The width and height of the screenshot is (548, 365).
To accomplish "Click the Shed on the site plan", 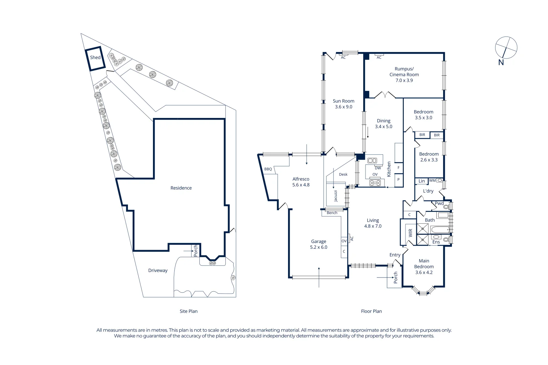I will [x=95, y=58].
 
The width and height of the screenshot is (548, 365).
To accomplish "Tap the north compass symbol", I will [x=506, y=48].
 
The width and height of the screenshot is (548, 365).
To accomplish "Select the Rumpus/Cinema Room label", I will [x=404, y=72].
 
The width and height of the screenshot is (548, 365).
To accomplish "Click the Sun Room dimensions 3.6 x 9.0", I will [x=344, y=107].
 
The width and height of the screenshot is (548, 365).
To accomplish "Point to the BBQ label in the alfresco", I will [x=268, y=169].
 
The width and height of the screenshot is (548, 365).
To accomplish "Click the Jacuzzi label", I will [x=336, y=196].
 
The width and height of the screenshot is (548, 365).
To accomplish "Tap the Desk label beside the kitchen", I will [x=343, y=174].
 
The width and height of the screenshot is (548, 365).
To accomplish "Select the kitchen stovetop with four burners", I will [x=375, y=183].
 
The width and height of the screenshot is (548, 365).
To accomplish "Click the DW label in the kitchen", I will [x=378, y=168].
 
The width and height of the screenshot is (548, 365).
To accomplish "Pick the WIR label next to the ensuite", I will [x=411, y=233].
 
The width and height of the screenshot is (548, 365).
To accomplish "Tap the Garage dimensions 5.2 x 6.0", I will [x=319, y=247].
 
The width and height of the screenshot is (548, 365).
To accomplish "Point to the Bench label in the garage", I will [x=332, y=213].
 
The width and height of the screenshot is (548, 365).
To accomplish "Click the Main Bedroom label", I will [x=424, y=264].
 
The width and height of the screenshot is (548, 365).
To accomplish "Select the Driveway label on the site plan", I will [x=158, y=270].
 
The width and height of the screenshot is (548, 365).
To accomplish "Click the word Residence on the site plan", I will [x=181, y=188].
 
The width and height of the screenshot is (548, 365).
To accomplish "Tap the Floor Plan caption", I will [x=371, y=311].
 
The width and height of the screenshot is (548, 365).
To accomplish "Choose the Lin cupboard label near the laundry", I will [x=421, y=181].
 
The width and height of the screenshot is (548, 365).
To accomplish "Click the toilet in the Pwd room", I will [x=446, y=206].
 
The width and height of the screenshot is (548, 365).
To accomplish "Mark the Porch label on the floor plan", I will [x=395, y=277].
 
